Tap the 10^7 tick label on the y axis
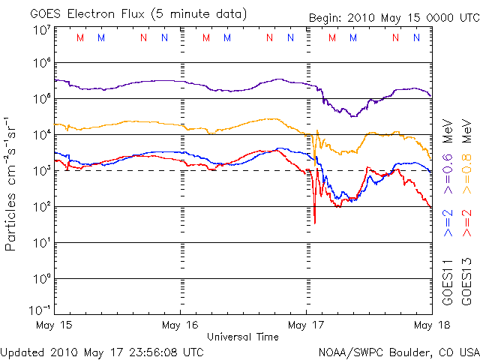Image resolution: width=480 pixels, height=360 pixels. [x=41, y=30]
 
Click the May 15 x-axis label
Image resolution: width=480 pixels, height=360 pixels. [x=54, y=325]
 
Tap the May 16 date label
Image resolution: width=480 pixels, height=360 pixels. [x=180, y=325]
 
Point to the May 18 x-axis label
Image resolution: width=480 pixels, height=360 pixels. [x=430, y=325]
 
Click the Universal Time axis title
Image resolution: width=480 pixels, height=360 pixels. [x=243, y=337]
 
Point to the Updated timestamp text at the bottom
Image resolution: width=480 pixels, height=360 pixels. [x=102, y=351]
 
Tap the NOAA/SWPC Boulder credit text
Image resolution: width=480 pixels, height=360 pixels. [x=398, y=351]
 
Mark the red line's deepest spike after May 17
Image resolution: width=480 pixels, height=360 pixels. [x=315, y=222]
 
